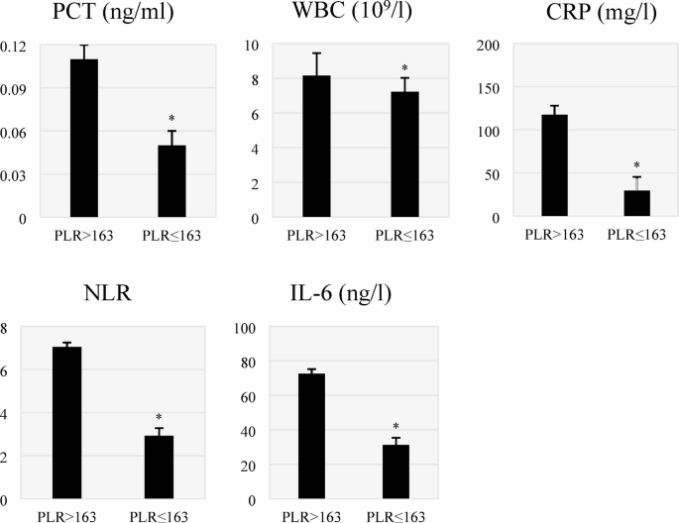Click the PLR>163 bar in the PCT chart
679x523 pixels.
click(x=83, y=139)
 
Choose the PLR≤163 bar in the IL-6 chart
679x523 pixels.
click(x=396, y=471)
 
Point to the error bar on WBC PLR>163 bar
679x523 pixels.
click(x=316, y=63)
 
